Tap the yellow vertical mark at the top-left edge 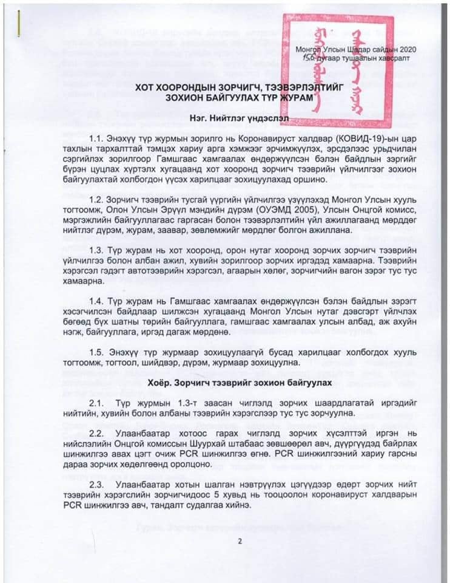point(20,22)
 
